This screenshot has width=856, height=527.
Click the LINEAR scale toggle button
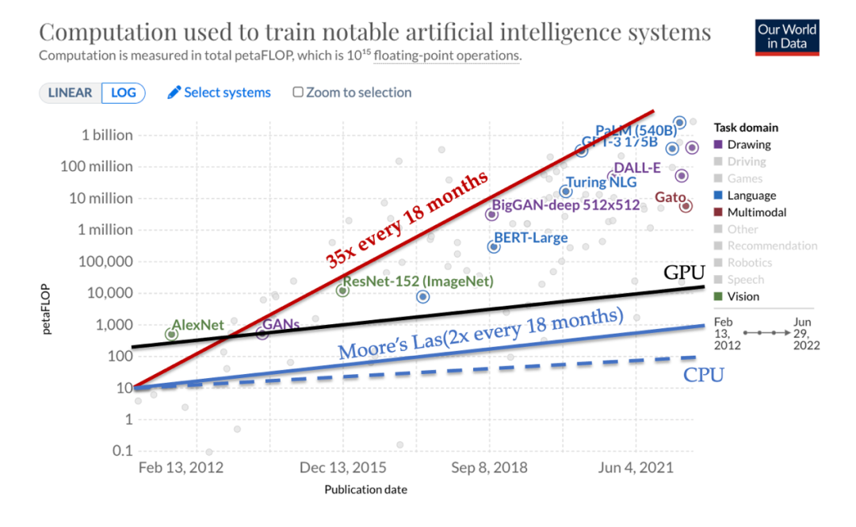coord(70,93)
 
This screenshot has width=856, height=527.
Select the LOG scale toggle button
coord(124,93)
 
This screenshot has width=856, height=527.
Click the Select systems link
coord(219,93)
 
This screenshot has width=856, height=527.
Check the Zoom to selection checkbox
coord(298,93)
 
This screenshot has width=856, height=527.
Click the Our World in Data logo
coord(786,36)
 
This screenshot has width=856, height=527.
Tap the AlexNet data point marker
coord(171,334)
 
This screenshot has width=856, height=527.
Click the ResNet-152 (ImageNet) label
coord(418,281)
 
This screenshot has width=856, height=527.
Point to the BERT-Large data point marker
coord(494,246)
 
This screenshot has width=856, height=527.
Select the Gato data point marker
coord(686,206)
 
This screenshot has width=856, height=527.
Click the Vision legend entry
coord(743,296)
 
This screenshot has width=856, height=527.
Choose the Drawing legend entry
coord(748,145)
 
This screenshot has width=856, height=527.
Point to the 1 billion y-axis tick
coord(107,135)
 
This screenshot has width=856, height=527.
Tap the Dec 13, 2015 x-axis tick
coord(343,468)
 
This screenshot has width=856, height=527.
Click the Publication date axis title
coord(365,490)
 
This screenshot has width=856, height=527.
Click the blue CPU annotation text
coord(704,375)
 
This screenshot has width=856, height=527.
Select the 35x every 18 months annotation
coord(406,219)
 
